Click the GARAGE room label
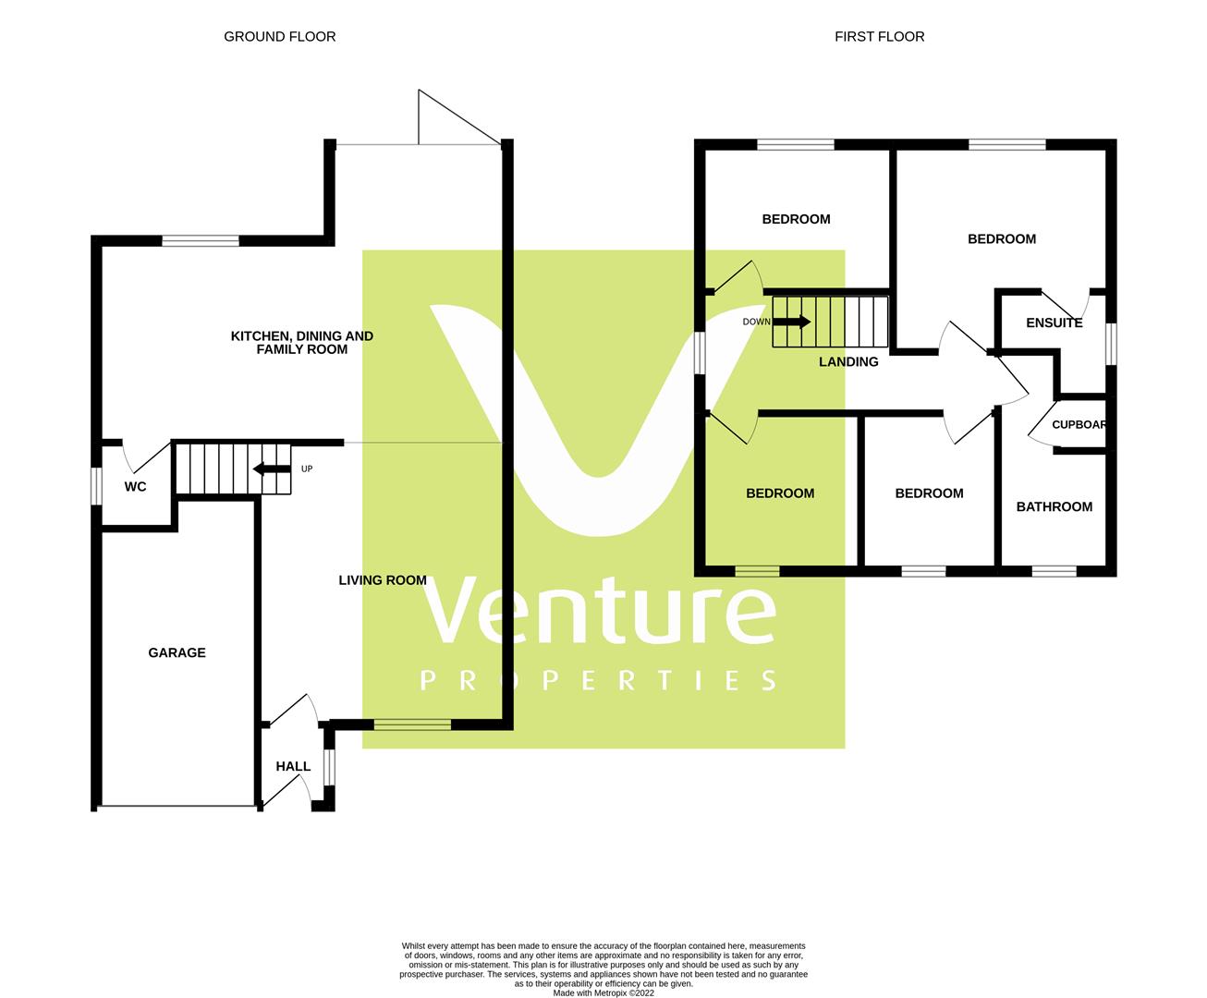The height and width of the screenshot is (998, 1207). coord(177,653)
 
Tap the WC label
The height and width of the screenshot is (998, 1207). coord(135,487)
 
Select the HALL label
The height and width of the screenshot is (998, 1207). coord(293,767)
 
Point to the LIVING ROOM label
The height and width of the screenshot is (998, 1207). coord(383,581)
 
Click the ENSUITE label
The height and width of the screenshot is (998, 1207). coord(1054,323)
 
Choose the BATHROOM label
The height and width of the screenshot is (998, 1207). coord(1054,507)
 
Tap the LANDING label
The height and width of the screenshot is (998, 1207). coord(848,362)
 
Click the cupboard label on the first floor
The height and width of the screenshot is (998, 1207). coord(1079,426)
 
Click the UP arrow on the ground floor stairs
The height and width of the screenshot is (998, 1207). coord(272,469)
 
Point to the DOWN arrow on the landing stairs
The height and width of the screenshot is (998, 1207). coord(791,322)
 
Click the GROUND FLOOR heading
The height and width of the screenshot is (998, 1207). coord(280,37)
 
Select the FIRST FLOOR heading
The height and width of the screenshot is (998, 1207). coord(879,37)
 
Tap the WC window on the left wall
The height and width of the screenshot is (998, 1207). coord(96,487)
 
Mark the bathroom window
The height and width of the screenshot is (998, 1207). coord(1054,571)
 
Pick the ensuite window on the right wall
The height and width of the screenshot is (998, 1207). coord(1111,343)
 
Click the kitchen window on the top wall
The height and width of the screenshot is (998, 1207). coord(201,241)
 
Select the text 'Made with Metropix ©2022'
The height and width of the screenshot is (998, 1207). coord(603,993)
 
